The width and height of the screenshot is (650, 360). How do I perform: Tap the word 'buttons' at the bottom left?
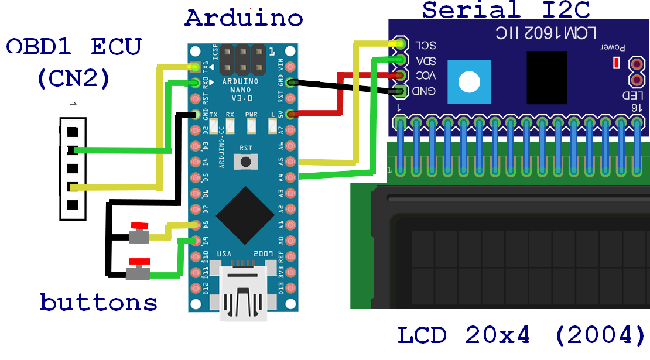click(x=98, y=302)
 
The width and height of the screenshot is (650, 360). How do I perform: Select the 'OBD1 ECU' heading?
click(x=74, y=46)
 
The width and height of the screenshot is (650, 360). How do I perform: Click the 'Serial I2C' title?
click(x=507, y=9)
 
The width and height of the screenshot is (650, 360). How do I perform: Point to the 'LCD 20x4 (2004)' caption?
click(x=521, y=335)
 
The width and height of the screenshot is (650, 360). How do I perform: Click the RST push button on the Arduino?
click(x=246, y=161)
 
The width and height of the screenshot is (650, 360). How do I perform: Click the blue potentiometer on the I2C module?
click(x=468, y=81)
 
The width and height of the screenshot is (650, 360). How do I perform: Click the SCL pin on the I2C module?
click(x=400, y=44)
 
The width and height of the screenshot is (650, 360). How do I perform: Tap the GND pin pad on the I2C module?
click(x=400, y=91)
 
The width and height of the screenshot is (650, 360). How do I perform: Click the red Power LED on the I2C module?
click(x=615, y=63)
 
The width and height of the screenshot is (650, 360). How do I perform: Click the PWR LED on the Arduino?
click(x=252, y=125)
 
